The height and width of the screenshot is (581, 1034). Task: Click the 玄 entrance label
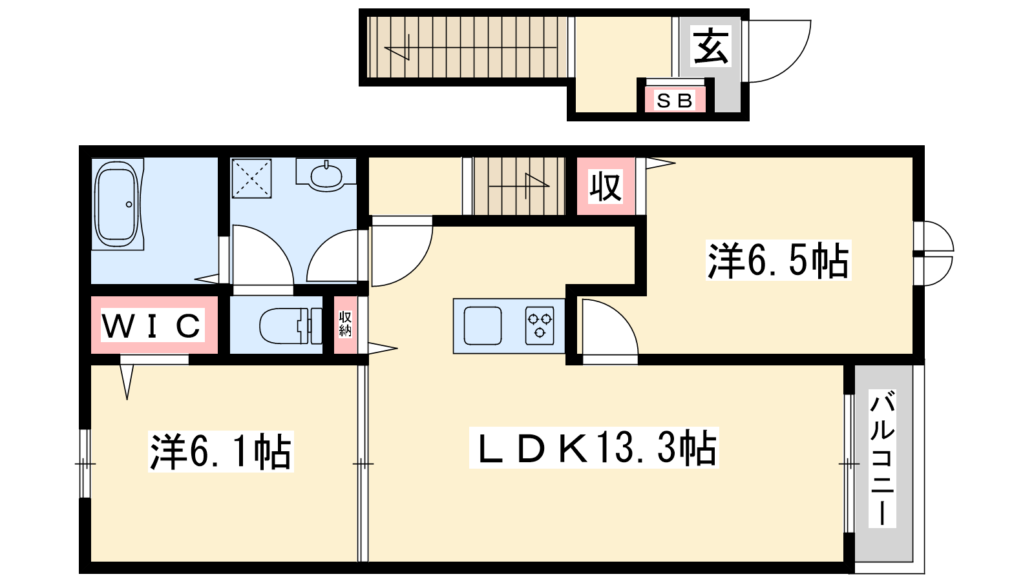[711, 46]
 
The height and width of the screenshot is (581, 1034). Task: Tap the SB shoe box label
[675, 101]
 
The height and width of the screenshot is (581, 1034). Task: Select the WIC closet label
[152, 325]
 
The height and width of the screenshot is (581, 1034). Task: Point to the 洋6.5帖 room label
[778, 261]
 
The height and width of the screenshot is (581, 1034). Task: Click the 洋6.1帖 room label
[220, 451]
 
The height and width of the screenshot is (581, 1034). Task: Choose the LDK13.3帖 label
[594, 448]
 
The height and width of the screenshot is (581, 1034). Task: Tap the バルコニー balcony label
[882, 458]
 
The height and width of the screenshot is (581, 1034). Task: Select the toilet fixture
[291, 326]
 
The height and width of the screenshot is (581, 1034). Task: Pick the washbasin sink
[326, 175]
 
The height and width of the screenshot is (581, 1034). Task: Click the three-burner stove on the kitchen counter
[540, 325]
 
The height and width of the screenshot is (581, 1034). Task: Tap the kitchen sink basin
[483, 325]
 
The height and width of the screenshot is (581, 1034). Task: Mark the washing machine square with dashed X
[251, 178]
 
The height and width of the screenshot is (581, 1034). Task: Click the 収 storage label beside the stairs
[606, 187]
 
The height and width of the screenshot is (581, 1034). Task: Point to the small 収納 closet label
[345, 323]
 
